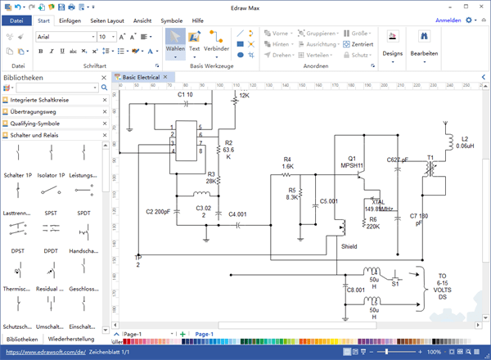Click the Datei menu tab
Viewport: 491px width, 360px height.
16,20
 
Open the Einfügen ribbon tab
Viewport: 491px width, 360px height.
70,20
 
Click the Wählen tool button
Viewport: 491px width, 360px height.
174,41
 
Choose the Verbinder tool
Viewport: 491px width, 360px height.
217,41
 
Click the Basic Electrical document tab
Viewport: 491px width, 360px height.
142,77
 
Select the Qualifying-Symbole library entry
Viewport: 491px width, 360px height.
42,124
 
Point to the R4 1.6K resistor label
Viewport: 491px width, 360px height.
287,162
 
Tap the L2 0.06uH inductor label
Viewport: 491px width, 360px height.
465,142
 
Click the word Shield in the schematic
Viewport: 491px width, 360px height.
349,245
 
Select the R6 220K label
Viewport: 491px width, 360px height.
372,223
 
